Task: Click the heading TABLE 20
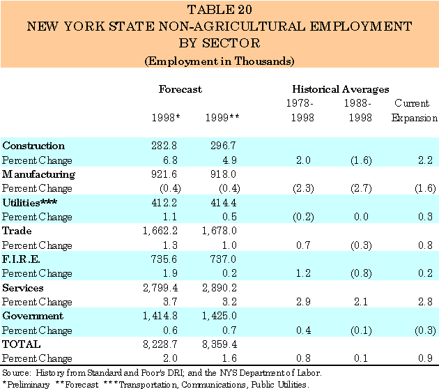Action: coord(219,11)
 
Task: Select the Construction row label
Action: coord(33,146)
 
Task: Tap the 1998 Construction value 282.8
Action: coord(168,146)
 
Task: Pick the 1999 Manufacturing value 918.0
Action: coord(224,174)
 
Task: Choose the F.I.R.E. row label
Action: coord(22,259)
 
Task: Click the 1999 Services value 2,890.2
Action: coord(220,288)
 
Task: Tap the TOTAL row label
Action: coord(22,344)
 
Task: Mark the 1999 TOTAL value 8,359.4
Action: coord(220,344)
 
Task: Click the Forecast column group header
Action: coord(180,89)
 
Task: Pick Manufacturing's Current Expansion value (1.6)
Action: coord(419,188)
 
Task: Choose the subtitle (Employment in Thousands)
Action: coord(219,61)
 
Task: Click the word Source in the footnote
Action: coord(15,372)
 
